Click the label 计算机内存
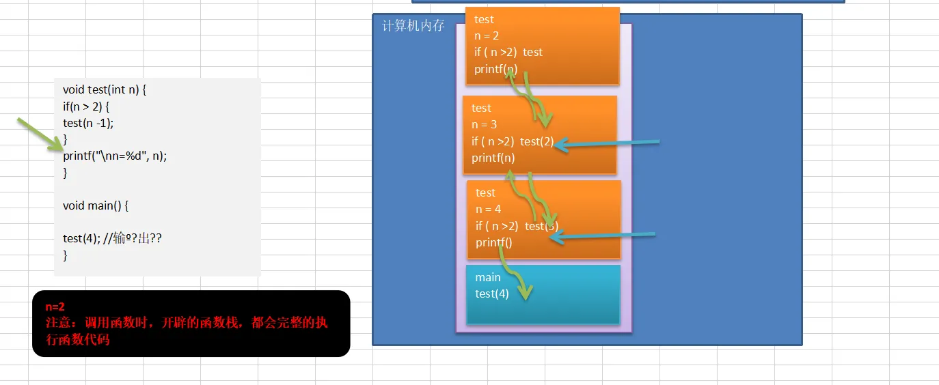coord(413,27)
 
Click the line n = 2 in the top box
coord(487,35)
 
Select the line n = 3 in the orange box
coord(484,124)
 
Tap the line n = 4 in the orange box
coord(488,209)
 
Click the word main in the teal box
coord(488,277)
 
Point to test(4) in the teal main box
coord(492,294)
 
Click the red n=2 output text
coord(55,307)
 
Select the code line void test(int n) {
coord(105,89)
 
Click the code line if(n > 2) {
coord(86,106)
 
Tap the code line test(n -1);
coord(88,123)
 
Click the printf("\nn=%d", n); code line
coord(115,156)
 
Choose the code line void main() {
coord(96,205)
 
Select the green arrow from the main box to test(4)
coord(514,273)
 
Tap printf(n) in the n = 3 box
coord(493,158)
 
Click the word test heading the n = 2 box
coord(484,19)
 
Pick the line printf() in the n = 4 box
coord(493,242)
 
